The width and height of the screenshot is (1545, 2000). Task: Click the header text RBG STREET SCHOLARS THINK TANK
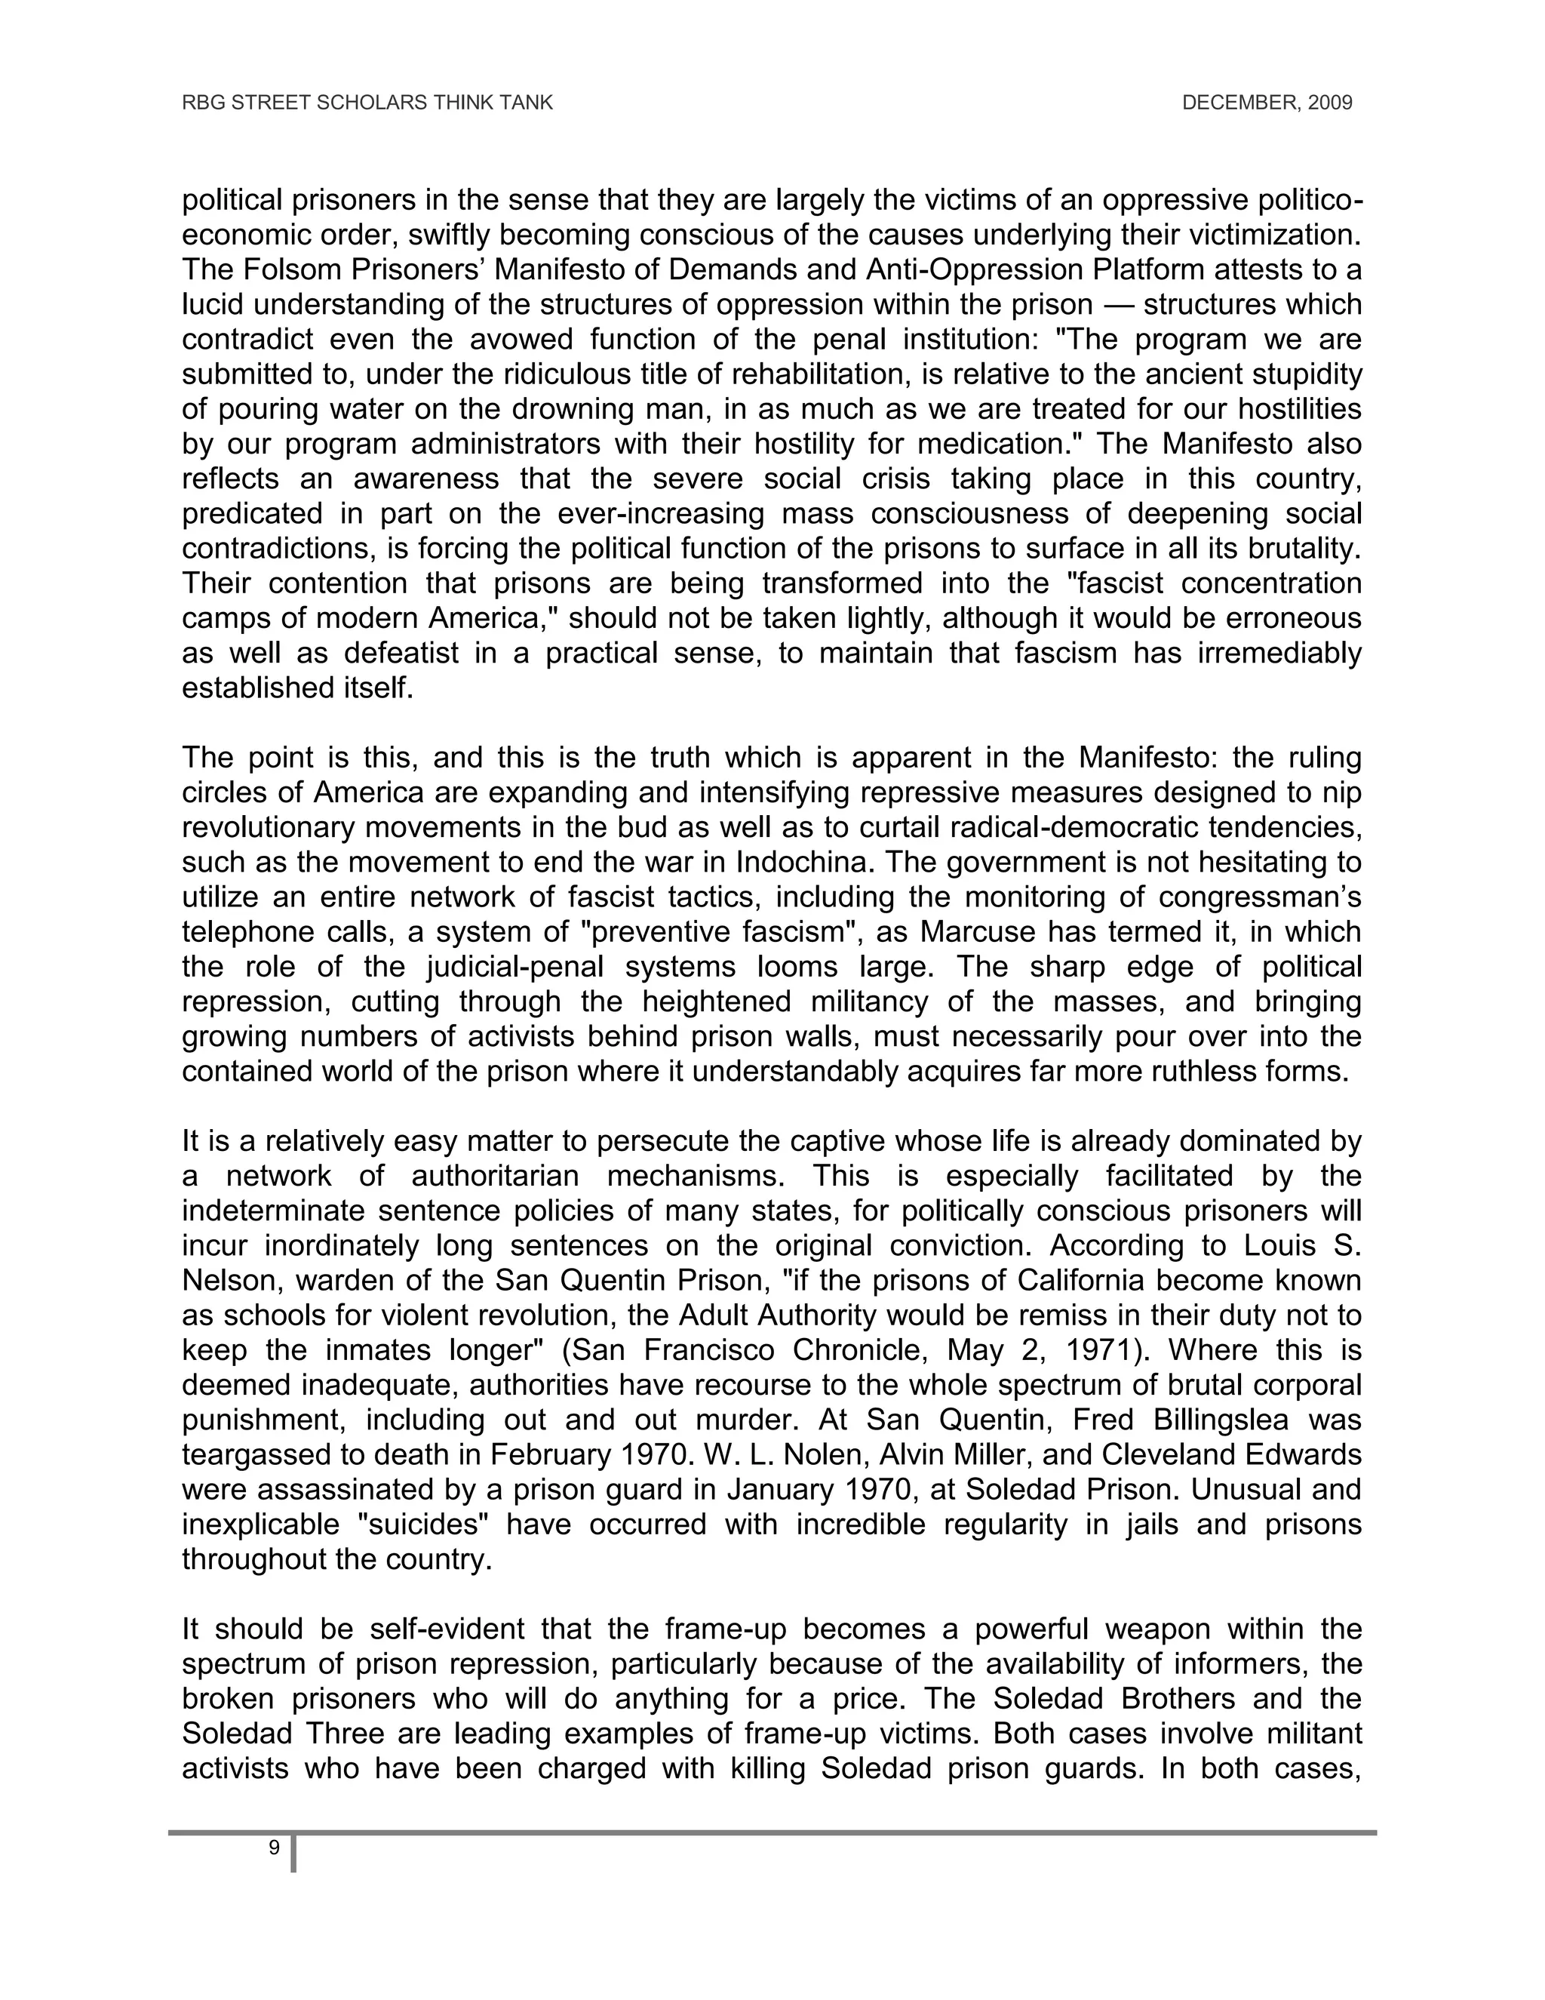pos(367,103)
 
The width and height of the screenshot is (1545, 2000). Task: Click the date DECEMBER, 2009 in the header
pos(1267,103)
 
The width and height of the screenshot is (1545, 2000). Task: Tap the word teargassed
pos(258,1454)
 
